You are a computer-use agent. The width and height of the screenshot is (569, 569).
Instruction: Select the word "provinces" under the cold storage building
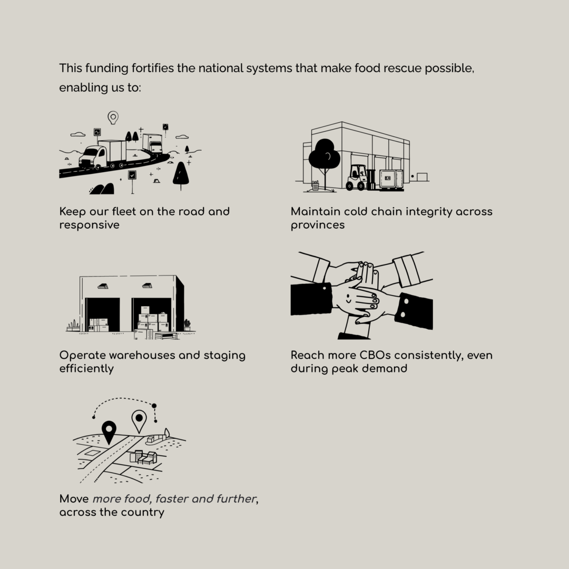(318, 225)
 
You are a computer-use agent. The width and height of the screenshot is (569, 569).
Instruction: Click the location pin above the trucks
(113, 117)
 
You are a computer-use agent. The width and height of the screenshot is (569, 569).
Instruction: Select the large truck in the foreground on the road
(102, 155)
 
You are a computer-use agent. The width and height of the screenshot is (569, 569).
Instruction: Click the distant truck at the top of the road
(153, 144)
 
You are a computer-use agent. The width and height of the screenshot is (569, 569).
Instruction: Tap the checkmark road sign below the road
(132, 175)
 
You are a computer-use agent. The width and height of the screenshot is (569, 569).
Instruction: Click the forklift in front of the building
(356, 178)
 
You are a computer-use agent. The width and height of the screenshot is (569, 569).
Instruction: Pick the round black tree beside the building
(325, 154)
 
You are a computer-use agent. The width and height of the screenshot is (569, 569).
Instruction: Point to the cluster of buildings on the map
(144, 458)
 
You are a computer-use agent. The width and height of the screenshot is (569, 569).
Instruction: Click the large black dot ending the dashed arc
(154, 406)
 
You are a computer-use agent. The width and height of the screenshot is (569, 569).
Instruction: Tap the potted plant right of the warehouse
(187, 325)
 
